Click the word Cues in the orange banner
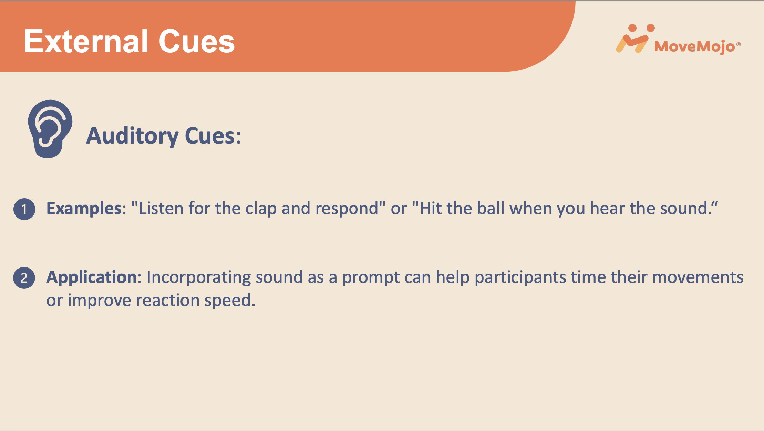(197, 41)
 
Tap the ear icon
(50, 129)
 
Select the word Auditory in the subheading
(132, 136)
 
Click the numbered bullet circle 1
(24, 209)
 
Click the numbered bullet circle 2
(24, 278)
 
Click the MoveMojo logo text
(694, 46)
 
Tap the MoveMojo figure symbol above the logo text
(634, 39)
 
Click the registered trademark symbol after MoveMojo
(739, 44)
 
